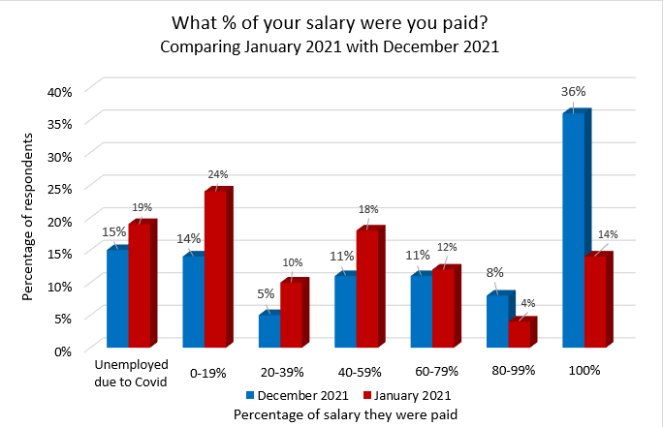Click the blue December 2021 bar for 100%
[x=573, y=229]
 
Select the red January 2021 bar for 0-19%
[x=215, y=268]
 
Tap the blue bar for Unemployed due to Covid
[x=117, y=297]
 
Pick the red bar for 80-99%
[x=520, y=332]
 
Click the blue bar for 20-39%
[x=268, y=329]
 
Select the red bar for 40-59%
[x=367, y=287]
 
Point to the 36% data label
[x=574, y=91]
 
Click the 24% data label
[x=217, y=174]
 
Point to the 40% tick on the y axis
[x=61, y=90]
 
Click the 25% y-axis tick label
[x=61, y=188]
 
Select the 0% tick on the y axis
[x=64, y=350]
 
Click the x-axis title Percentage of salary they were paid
[x=345, y=413]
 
